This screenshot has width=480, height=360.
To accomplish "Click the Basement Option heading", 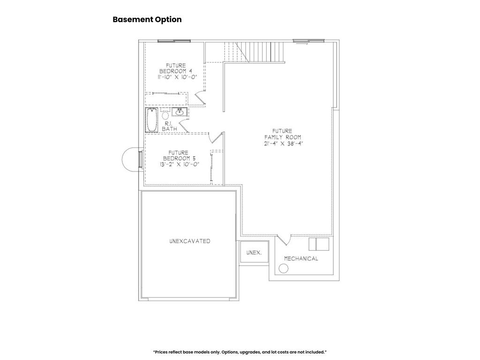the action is point(147,19).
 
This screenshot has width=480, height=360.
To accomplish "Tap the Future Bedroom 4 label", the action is point(176,68).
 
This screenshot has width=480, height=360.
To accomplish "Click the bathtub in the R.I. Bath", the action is point(151,120).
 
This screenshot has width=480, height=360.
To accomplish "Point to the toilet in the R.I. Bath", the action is point(165,114).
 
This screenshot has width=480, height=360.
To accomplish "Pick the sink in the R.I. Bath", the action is point(180,112).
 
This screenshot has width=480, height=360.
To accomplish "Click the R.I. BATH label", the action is point(169,126).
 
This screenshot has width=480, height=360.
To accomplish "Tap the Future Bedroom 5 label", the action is point(179,156).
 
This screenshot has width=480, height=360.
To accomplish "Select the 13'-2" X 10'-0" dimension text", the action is point(180,164).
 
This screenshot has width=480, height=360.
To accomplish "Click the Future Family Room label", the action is point(283,134).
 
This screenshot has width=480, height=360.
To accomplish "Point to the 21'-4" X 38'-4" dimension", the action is point(283,143).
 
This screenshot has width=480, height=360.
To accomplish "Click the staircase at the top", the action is point(254,52).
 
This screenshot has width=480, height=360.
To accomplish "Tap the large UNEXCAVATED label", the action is point(190,241).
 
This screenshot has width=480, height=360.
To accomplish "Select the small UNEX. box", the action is point(254,252).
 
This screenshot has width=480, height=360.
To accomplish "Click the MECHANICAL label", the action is point(301,259).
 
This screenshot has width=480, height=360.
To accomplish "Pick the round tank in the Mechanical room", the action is point(284,269).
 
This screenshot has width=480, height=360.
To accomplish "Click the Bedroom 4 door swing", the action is point(199,97).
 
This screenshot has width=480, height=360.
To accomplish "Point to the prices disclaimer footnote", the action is point(240,352).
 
